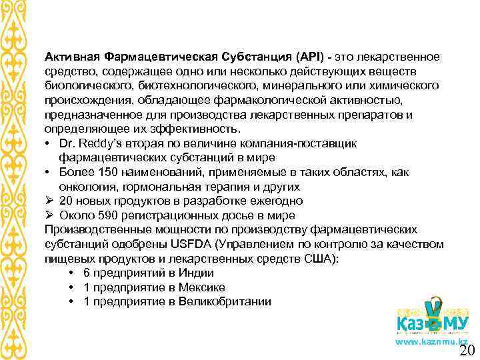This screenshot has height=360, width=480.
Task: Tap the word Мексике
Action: click(x=201, y=287)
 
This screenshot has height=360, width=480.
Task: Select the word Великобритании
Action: click(x=227, y=301)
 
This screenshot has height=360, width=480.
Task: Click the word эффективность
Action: click(x=189, y=129)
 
